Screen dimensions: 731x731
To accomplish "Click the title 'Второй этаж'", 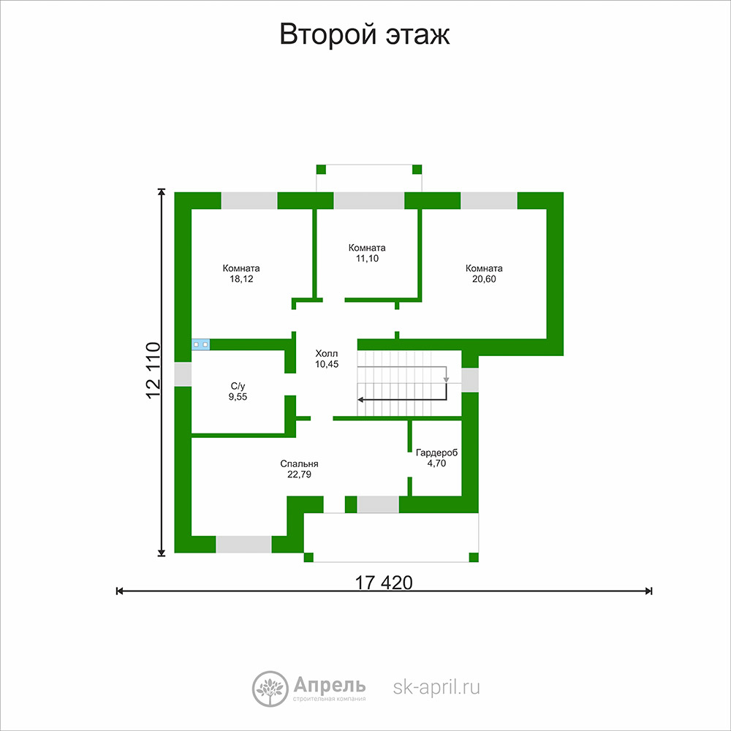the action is pos(365,34).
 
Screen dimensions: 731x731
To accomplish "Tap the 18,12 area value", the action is pos(241,279).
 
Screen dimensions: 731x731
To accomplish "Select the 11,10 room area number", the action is pos(368,259).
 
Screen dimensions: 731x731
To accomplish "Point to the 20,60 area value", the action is pos(484,279).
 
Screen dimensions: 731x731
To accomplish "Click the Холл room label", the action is pos(326,353).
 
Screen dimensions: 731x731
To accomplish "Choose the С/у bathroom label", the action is pos(238,386).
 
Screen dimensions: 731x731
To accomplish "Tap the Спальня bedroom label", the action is pos(299,464).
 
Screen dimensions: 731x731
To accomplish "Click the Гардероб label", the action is pos(437,452).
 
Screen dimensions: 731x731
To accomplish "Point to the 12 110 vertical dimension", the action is pos(154,371).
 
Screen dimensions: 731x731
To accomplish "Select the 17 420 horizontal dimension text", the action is pos(384,583).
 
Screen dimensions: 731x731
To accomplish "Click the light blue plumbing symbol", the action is pos(200,344).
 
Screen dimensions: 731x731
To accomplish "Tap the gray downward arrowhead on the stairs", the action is pos(446,380).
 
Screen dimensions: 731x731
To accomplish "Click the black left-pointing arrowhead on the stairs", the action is pos(361,400).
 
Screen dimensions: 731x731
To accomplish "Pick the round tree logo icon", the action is pos(270,689).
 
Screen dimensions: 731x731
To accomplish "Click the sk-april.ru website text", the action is pos(436,688).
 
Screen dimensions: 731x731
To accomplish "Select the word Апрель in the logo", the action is pos(330,686).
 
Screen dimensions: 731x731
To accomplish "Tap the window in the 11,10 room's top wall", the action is pos(368,200).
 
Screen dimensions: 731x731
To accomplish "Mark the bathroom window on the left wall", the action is pos(183,374).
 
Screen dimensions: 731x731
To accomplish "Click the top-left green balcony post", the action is pos(321,170).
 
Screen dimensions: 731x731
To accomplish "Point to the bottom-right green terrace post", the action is pos(474,557).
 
